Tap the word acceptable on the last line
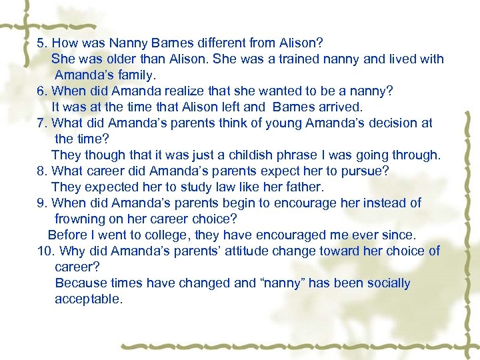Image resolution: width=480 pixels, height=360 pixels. pyautogui.click(x=89, y=299)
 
